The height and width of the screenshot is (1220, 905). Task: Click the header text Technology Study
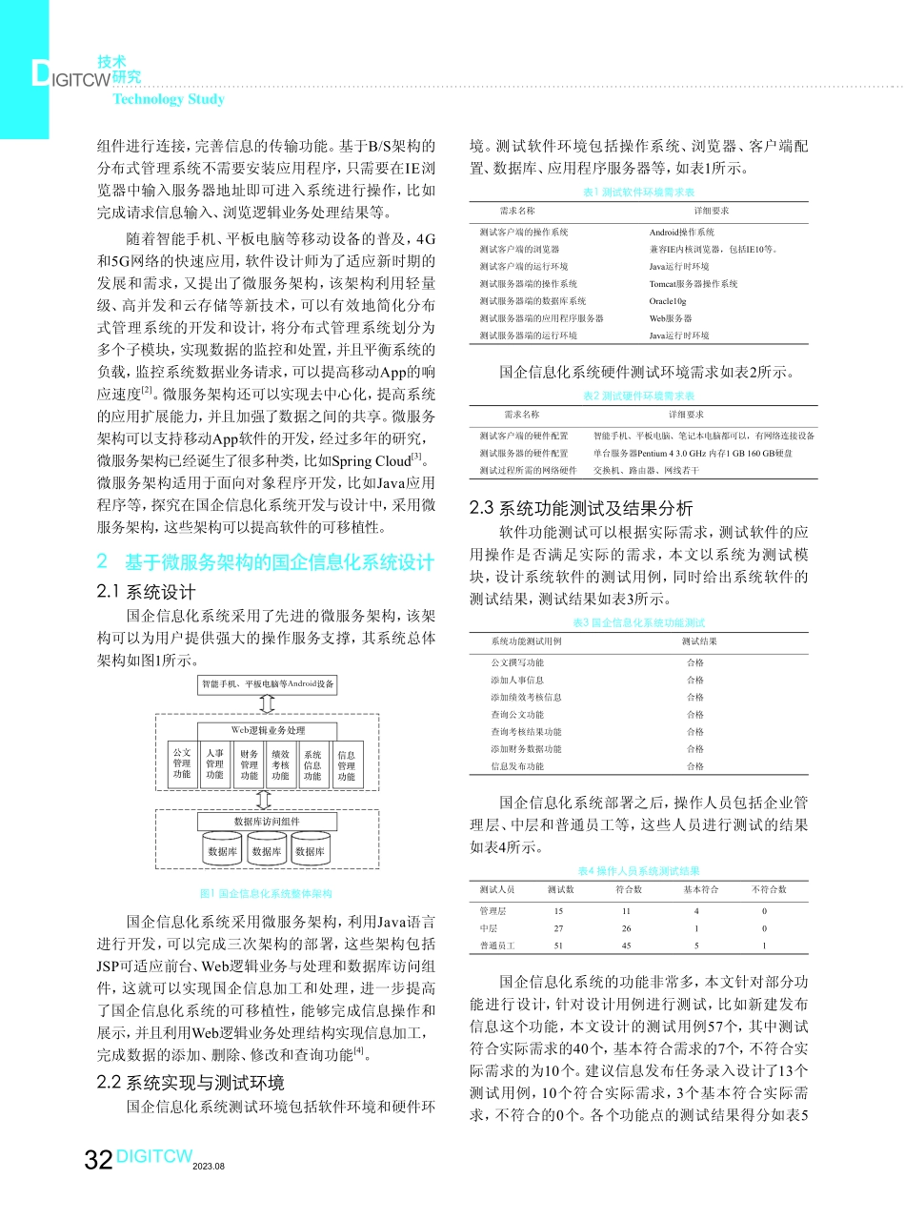click(x=169, y=99)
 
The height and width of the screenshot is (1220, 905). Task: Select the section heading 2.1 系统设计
click(x=148, y=592)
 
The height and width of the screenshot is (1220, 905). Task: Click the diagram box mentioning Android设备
click(x=268, y=683)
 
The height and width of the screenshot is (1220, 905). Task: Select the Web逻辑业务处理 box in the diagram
click(x=268, y=730)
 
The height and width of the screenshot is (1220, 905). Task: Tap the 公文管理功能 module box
click(x=182, y=764)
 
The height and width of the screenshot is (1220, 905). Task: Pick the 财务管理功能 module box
click(x=249, y=764)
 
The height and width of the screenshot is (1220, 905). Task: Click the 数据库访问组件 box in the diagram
click(x=268, y=822)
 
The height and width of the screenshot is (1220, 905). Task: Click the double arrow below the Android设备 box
click(x=268, y=703)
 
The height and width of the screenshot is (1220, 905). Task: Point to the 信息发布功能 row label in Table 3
click(x=517, y=765)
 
